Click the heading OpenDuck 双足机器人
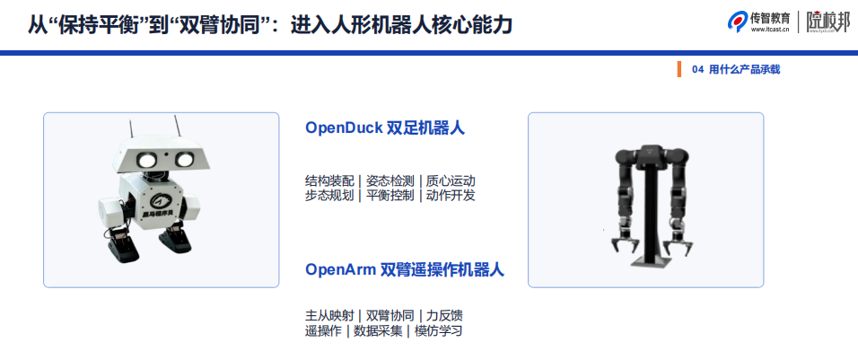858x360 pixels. coord(385,127)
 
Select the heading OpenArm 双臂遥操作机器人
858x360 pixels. coord(405,269)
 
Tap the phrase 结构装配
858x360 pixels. coord(329,180)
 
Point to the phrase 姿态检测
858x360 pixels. coord(390,180)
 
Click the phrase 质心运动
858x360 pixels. coord(451,180)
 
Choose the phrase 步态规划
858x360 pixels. coord(329,196)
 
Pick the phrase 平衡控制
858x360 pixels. coord(390,196)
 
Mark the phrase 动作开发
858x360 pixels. coord(451,196)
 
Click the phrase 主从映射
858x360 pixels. coord(329,316)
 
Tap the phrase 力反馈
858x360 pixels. coord(444,316)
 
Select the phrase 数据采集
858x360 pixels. coord(378,331)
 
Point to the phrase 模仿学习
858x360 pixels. coord(438,331)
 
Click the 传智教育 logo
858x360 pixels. coord(758,22)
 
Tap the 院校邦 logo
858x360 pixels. coord(827,22)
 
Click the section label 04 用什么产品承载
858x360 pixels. coord(736,69)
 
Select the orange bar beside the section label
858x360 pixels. coord(679,69)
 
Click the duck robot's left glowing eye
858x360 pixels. coord(146,160)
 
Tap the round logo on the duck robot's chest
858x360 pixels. coord(159,201)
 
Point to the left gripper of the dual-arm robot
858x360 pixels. coord(622,243)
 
